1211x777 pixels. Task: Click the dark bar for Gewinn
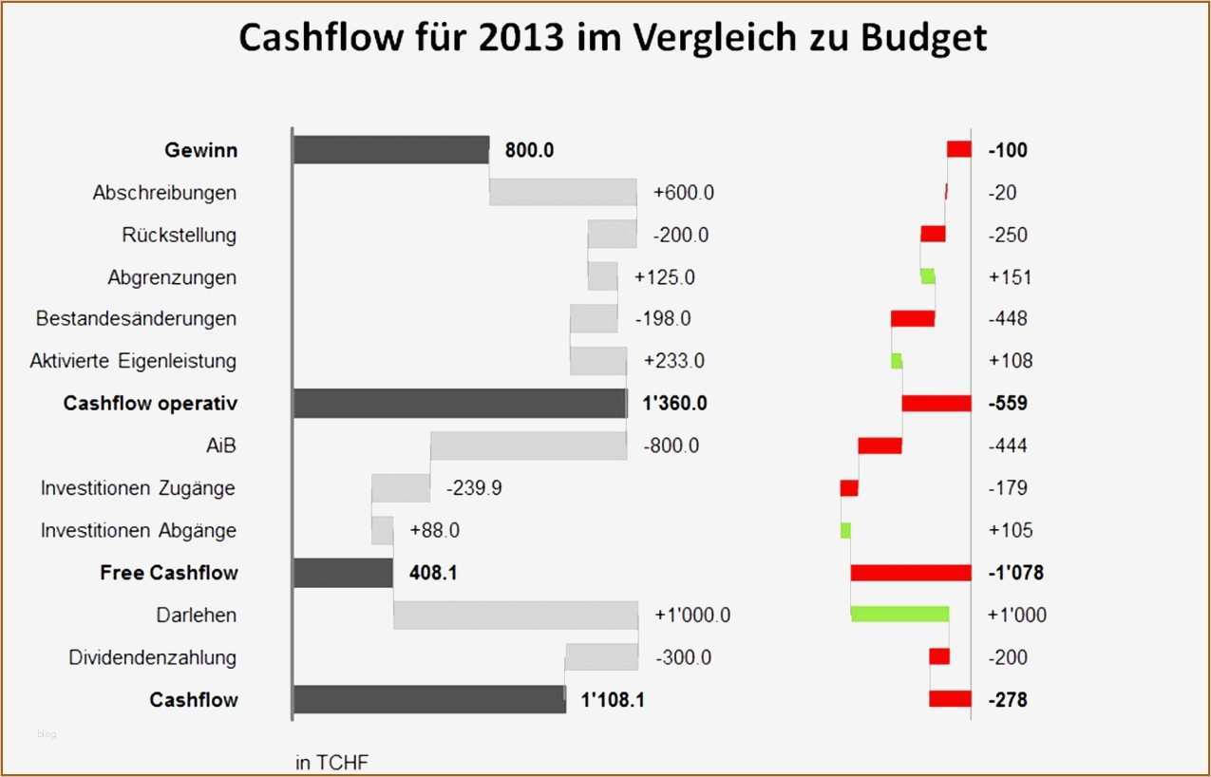(390, 150)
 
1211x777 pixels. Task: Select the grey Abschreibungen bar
(562, 192)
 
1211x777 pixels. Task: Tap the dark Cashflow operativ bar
(460, 403)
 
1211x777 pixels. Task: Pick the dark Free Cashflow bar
(343, 573)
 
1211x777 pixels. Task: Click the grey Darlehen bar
(515, 615)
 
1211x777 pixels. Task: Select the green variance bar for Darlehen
(899, 615)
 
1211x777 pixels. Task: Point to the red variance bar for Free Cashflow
(910, 573)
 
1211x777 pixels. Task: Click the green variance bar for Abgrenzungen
(928, 276)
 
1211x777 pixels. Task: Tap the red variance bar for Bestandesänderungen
(913, 318)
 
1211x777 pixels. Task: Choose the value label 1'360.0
(674, 404)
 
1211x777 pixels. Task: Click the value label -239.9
(474, 488)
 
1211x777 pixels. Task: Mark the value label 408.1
(433, 573)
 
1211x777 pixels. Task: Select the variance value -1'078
(1015, 573)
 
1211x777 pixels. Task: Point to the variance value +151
(1010, 277)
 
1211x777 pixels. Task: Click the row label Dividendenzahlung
(153, 657)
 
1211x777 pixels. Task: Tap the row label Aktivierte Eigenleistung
(133, 361)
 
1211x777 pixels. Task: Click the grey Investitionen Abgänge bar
(382, 530)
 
